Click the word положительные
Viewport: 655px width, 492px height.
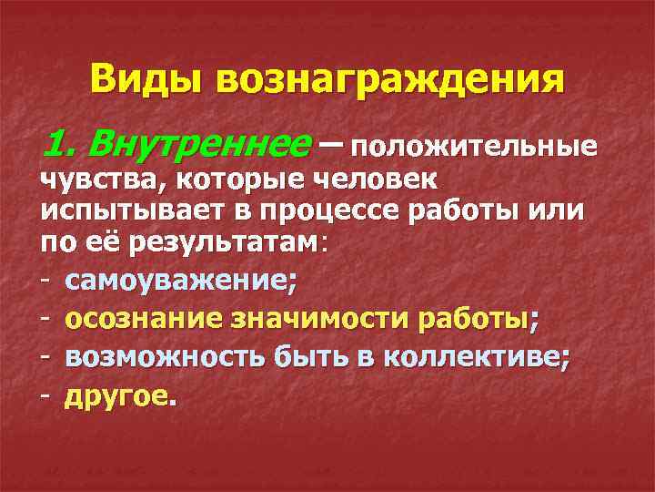tap(472, 146)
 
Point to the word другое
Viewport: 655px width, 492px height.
tap(116, 396)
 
